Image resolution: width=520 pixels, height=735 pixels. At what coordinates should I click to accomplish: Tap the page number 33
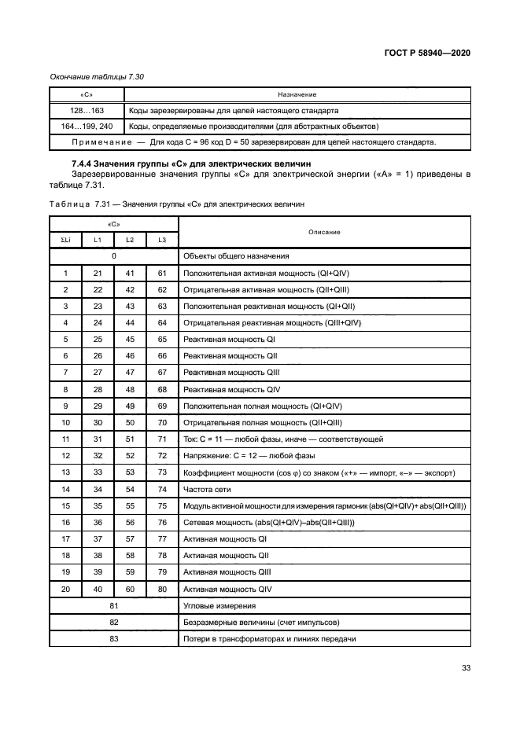coord(466,668)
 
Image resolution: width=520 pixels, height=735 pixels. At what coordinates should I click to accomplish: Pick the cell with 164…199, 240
coord(87,126)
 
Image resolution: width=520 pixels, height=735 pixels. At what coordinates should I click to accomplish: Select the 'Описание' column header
coord(325,232)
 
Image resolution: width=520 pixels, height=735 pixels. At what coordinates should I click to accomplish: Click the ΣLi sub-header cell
coord(66,239)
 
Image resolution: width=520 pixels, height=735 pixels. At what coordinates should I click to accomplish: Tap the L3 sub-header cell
coord(162,239)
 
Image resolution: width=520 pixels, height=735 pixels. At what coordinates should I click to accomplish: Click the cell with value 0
coord(114,255)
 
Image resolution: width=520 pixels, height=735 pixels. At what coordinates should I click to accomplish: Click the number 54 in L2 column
coord(131,488)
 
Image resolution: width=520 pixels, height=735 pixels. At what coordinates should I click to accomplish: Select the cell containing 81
coord(114,605)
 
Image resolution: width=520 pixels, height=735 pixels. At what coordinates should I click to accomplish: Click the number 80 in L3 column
coord(162,588)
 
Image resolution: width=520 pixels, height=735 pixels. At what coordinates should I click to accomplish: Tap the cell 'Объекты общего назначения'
coord(235,255)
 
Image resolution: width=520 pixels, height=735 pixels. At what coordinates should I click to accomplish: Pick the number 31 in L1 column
coord(98,438)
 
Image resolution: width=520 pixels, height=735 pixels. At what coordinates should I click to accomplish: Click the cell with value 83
coord(114,638)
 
